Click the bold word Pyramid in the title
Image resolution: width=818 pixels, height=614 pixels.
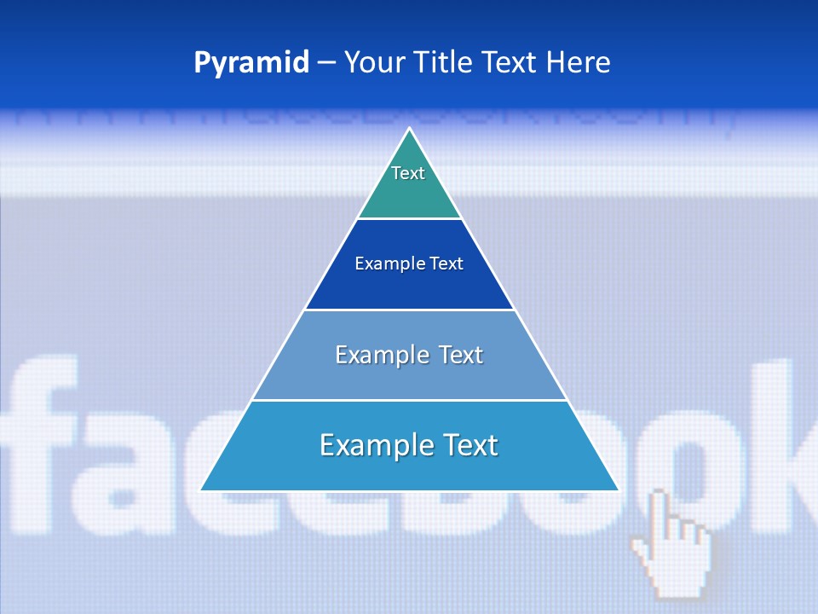[251, 63]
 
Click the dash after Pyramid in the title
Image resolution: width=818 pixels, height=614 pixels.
[326, 63]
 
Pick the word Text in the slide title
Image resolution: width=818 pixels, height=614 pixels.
[513, 63]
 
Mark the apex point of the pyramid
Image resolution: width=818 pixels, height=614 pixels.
[409, 129]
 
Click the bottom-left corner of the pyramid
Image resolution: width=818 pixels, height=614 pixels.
[201, 489]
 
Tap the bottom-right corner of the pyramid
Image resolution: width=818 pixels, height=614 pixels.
[618, 489]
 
